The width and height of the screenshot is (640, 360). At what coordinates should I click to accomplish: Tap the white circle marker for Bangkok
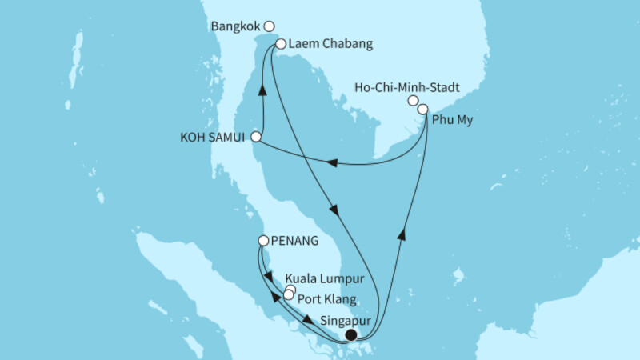[269, 26]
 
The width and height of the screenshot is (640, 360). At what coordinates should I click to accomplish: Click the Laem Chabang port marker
[281, 45]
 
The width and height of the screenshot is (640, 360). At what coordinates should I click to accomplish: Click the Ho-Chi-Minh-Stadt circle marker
[413, 101]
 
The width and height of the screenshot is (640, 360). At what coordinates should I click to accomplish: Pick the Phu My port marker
[423, 109]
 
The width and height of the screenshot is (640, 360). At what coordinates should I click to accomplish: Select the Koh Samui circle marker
[255, 137]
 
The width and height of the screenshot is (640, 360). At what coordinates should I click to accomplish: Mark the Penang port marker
[263, 239]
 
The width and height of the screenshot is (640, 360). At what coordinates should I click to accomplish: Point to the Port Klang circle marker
[288, 295]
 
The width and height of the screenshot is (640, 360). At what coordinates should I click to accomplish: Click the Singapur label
[345, 321]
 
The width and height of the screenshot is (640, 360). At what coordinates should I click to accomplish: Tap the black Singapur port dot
[350, 335]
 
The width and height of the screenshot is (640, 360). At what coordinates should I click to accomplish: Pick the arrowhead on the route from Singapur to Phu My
[402, 232]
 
